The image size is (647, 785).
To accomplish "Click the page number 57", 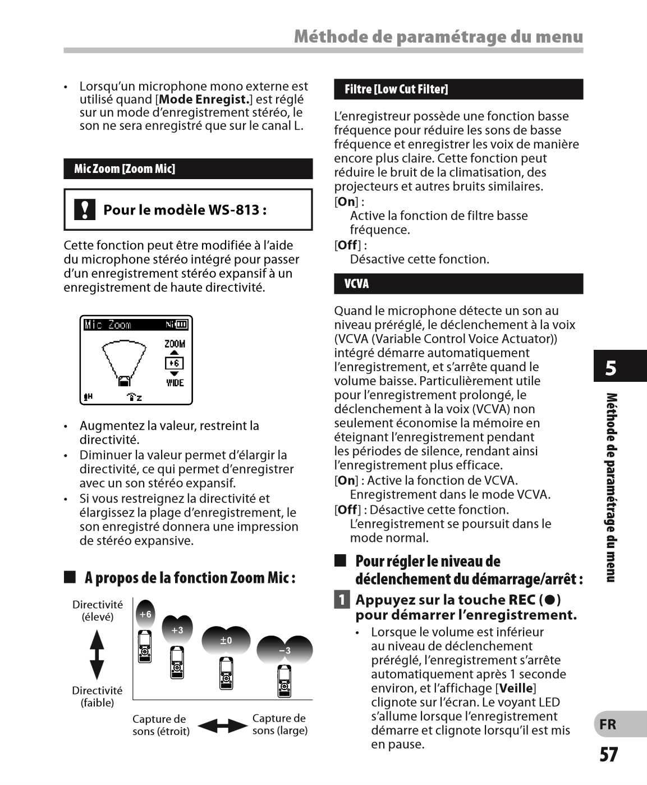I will tap(609, 755).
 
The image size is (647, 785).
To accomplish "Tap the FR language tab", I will tap(608, 724).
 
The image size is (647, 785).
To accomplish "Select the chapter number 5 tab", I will tap(611, 368).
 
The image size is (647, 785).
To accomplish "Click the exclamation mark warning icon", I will tap(84, 209).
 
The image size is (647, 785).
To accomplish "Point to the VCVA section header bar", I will tap(458, 284).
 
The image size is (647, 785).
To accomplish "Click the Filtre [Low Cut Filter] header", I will tap(458, 89).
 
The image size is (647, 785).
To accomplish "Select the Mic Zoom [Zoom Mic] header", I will tap(188, 169).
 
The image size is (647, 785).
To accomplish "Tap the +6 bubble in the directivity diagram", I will tap(145, 614).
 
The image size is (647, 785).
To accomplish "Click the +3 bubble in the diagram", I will tap(177, 630).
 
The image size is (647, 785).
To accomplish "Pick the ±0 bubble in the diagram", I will tap(226, 640).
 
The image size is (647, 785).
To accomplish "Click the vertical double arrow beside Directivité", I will tap(97, 654).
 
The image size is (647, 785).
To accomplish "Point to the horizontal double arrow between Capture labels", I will tap(222, 725).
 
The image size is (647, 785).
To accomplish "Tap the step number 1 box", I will tap(341, 600).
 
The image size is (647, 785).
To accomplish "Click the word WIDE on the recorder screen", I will tap(175, 383).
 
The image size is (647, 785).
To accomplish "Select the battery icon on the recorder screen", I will tap(182, 324).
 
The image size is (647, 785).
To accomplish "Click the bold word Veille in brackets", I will tap(516, 688).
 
